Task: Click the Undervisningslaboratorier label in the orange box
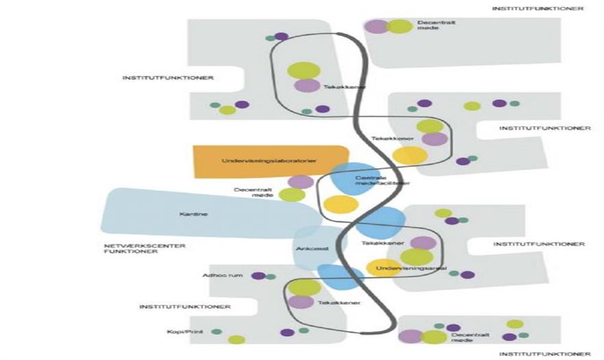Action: tap(268, 162)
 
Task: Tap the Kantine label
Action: tap(193, 214)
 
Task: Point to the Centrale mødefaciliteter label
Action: tap(382, 181)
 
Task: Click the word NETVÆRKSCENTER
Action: tap(134, 245)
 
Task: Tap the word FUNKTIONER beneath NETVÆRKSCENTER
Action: tap(122, 252)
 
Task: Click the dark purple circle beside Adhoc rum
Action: tap(258, 276)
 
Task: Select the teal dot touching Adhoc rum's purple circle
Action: tap(270, 277)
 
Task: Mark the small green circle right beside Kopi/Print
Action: tap(216, 332)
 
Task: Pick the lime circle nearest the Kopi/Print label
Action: tap(236, 339)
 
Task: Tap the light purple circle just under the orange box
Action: tap(301, 182)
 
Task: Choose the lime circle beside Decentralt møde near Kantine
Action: tap(292, 195)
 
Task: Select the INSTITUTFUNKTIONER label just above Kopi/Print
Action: tap(185, 307)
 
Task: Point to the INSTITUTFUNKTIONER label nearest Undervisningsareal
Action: tap(538, 244)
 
